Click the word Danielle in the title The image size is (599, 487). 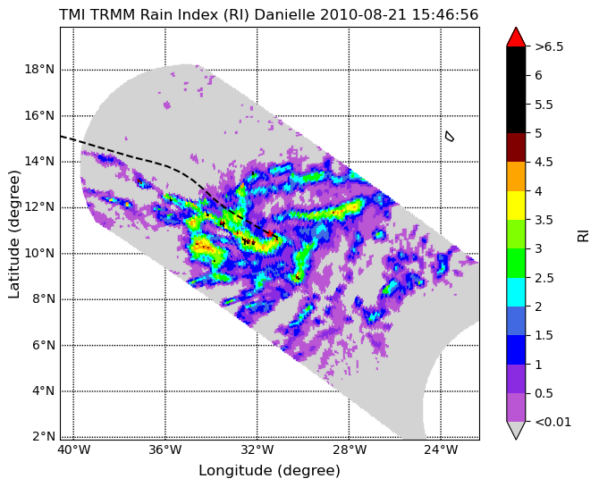click(x=284, y=15)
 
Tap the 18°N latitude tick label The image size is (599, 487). click(x=39, y=70)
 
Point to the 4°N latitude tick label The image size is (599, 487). click(x=42, y=391)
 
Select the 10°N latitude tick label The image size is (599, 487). click(x=39, y=253)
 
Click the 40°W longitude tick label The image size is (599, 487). click(x=74, y=450)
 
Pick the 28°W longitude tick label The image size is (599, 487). click(x=350, y=450)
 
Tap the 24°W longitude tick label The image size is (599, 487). click(x=442, y=450)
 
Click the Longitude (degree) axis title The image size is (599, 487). click(x=269, y=471)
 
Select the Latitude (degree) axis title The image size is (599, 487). click(x=13, y=234)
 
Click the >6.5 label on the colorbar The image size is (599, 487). click(x=549, y=47)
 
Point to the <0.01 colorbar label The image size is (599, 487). click(x=553, y=422)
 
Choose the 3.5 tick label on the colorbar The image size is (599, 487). click(x=544, y=220)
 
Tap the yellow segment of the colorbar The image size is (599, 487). click(x=516, y=206)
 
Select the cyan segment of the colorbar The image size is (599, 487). click(x=516, y=292)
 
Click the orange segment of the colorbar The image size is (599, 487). click(x=516, y=176)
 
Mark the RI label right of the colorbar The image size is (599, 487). click(x=583, y=234)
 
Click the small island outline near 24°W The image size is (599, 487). click(x=450, y=136)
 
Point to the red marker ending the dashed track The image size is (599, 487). click(x=270, y=232)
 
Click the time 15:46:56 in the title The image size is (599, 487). click(x=445, y=15)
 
